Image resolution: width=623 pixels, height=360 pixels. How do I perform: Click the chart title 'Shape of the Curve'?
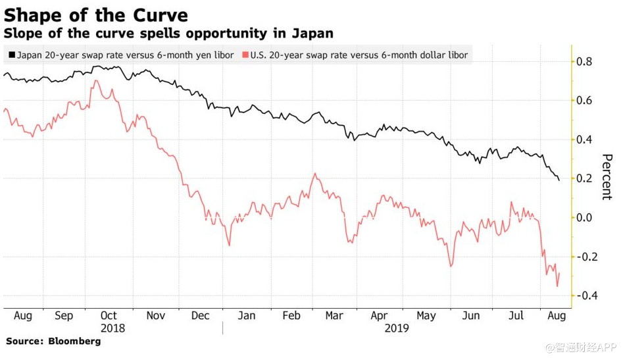96,14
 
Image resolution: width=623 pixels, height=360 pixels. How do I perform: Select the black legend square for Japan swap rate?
11,55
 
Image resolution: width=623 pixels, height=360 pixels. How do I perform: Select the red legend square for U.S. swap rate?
245,55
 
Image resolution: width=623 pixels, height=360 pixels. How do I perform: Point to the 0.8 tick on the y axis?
584,62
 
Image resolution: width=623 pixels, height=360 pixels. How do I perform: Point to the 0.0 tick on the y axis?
584,218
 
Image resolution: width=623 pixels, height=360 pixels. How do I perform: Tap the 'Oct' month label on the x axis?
109,316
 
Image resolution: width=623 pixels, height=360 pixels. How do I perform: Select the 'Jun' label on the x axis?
472,316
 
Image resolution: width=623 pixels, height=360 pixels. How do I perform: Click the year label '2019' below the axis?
396,327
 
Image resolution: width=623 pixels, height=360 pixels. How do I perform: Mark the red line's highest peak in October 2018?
96,81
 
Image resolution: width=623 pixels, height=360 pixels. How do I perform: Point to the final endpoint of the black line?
559,180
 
